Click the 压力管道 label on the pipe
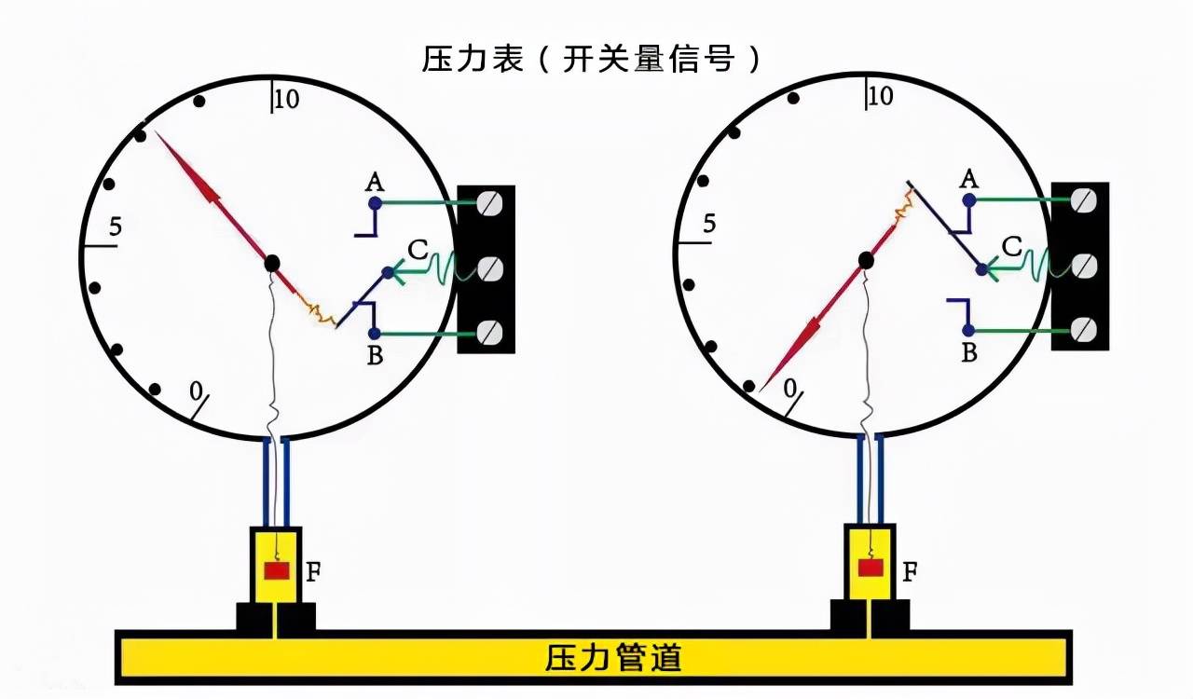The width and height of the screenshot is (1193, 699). [613, 657]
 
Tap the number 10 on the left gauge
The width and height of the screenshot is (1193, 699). [287, 99]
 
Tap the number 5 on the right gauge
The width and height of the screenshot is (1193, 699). [710, 225]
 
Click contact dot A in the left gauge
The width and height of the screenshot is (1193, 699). [375, 202]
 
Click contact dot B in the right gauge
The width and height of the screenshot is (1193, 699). [969, 330]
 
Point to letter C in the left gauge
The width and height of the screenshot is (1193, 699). [418, 250]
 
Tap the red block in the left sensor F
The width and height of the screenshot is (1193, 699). [276, 570]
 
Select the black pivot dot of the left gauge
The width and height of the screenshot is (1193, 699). [272, 263]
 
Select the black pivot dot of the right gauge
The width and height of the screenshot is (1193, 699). [867, 260]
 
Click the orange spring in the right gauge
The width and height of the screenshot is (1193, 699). [903, 206]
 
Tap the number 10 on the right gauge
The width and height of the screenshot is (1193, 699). [880, 96]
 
